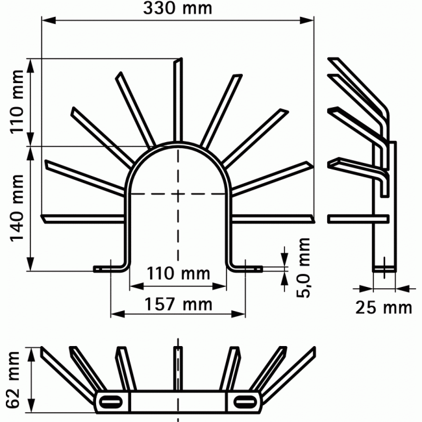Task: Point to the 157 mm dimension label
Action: (x=179, y=303)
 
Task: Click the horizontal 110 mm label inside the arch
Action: (x=178, y=273)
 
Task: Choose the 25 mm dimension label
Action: (x=384, y=306)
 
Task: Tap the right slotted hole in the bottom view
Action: (x=244, y=400)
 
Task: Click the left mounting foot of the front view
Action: (x=108, y=267)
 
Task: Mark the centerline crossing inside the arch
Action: (x=178, y=193)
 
